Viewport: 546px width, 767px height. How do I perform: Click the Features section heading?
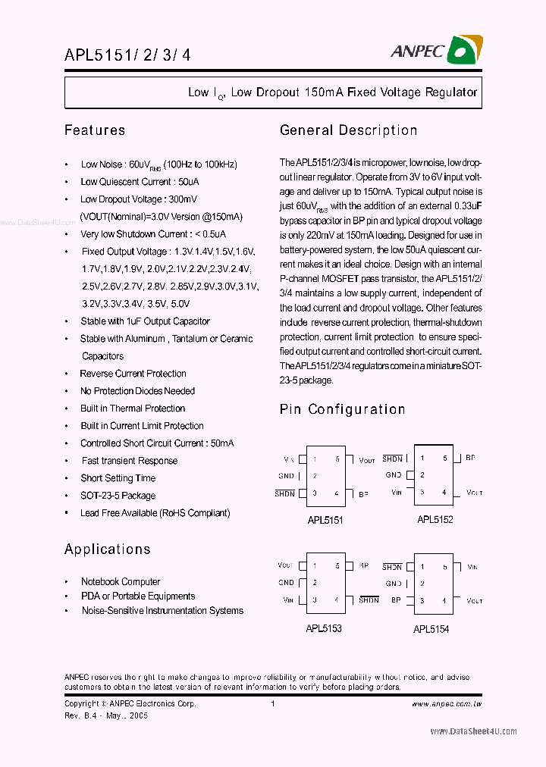[95, 130]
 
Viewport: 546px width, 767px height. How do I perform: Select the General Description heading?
[348, 130]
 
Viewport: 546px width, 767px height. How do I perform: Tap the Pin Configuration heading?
[342, 409]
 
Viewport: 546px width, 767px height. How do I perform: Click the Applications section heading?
[107, 549]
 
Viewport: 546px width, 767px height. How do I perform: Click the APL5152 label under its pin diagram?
[435, 520]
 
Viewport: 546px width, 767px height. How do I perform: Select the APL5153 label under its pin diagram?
[324, 628]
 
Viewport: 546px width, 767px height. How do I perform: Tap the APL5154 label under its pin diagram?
[431, 629]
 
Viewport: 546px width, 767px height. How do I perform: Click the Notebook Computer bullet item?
[121, 582]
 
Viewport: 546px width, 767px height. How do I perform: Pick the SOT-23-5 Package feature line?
[118, 496]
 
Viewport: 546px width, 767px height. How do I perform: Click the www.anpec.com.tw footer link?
[447, 704]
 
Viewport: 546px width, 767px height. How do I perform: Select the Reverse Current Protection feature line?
[133, 374]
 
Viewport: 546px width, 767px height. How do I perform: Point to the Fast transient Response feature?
[130, 461]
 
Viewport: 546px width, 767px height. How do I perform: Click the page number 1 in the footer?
[272, 704]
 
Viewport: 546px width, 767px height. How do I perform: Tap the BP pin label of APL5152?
[470, 458]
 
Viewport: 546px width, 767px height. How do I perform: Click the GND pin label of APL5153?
[286, 583]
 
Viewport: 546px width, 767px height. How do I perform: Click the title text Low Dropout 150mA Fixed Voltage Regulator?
[333, 92]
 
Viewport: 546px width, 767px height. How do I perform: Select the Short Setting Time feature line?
[118, 478]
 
